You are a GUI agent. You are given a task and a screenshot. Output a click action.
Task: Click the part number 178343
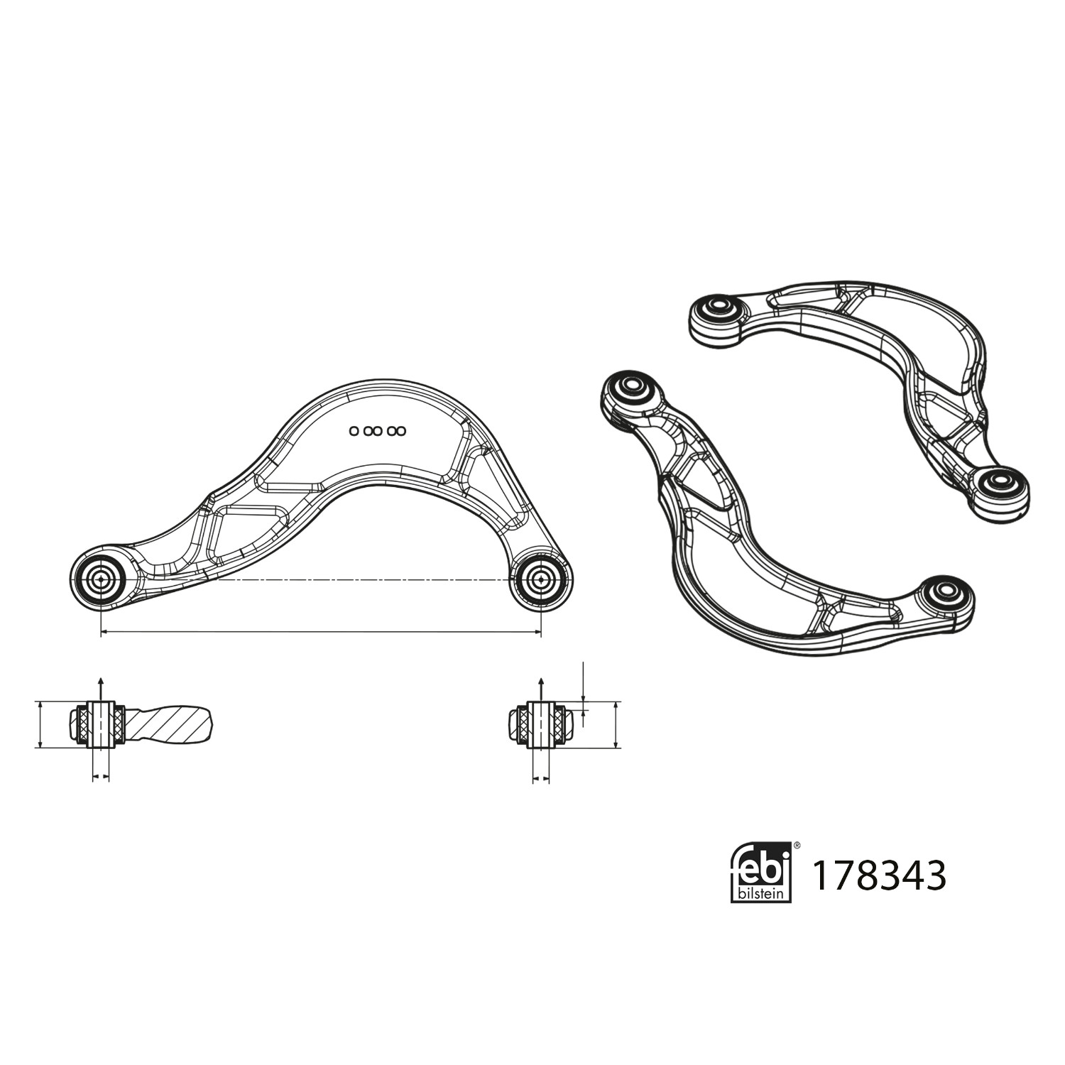pos(878,875)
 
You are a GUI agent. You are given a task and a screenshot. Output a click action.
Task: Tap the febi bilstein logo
pos(761,871)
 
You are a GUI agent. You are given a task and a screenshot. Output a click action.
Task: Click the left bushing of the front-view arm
pos(100,579)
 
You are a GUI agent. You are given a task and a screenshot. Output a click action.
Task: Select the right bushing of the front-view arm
pos(541,579)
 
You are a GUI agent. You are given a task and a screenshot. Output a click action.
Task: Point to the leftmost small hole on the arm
pos(354,431)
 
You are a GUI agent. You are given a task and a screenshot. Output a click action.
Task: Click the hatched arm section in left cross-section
pos(170,724)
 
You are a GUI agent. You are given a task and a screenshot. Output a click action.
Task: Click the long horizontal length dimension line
pos(319,630)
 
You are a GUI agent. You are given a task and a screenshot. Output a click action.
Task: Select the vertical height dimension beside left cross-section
pos(40,724)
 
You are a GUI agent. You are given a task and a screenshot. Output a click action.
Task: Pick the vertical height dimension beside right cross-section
pos(615,724)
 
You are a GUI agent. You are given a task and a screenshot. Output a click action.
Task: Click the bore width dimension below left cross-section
pos(101,778)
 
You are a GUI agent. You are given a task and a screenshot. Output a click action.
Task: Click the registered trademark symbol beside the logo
pos(797,846)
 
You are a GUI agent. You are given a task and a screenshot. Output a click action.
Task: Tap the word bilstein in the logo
pos(761,892)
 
